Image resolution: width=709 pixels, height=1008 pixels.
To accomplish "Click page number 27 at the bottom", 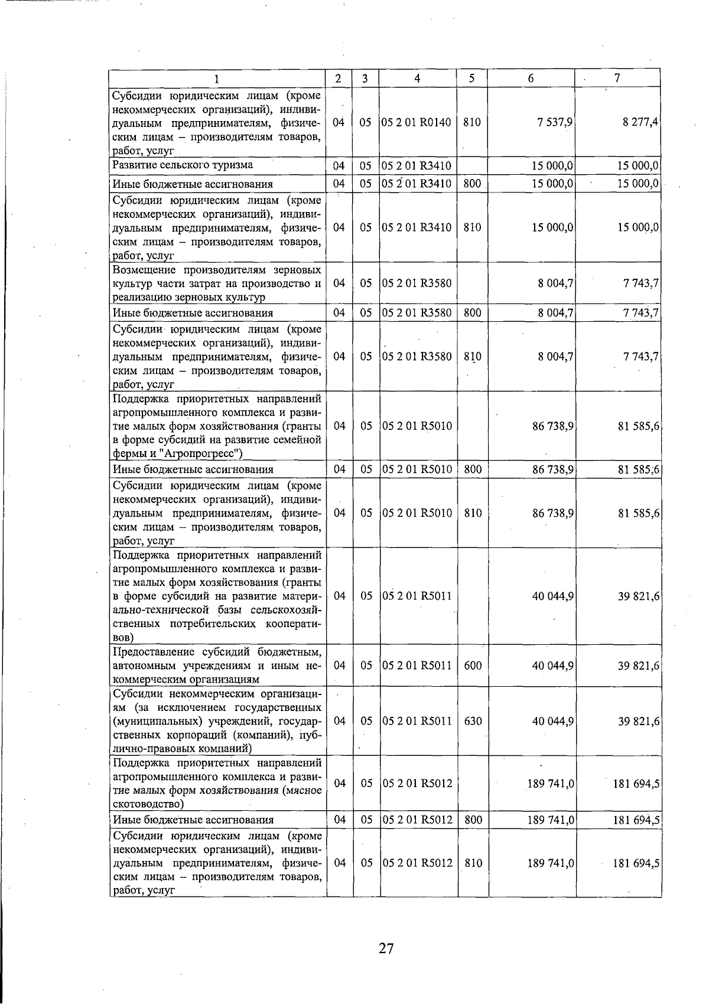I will [x=386, y=949].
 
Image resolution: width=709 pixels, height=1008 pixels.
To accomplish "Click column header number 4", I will [x=417, y=78].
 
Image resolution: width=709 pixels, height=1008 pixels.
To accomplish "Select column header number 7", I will [x=617, y=77].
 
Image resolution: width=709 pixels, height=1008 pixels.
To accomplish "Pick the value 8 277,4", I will [x=640, y=122].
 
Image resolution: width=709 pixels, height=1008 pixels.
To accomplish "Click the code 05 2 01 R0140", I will [x=417, y=122].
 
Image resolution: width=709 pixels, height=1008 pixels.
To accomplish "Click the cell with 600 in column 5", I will [x=473, y=666].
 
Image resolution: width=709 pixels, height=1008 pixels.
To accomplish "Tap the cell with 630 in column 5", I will [x=473, y=721].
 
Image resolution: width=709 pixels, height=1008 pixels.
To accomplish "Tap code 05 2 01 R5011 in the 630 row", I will [x=417, y=721].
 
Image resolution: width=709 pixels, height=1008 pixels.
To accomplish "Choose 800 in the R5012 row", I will [x=473, y=820].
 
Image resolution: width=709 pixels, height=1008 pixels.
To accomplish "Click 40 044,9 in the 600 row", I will [x=552, y=666].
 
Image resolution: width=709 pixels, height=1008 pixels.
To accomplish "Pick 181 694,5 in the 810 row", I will [x=636, y=863].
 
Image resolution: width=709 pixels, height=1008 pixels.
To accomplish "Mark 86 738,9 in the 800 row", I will [x=552, y=469].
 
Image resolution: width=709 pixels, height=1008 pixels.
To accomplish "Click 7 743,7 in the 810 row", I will [x=640, y=357].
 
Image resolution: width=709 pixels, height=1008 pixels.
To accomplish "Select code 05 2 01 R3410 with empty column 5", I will [x=417, y=166].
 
